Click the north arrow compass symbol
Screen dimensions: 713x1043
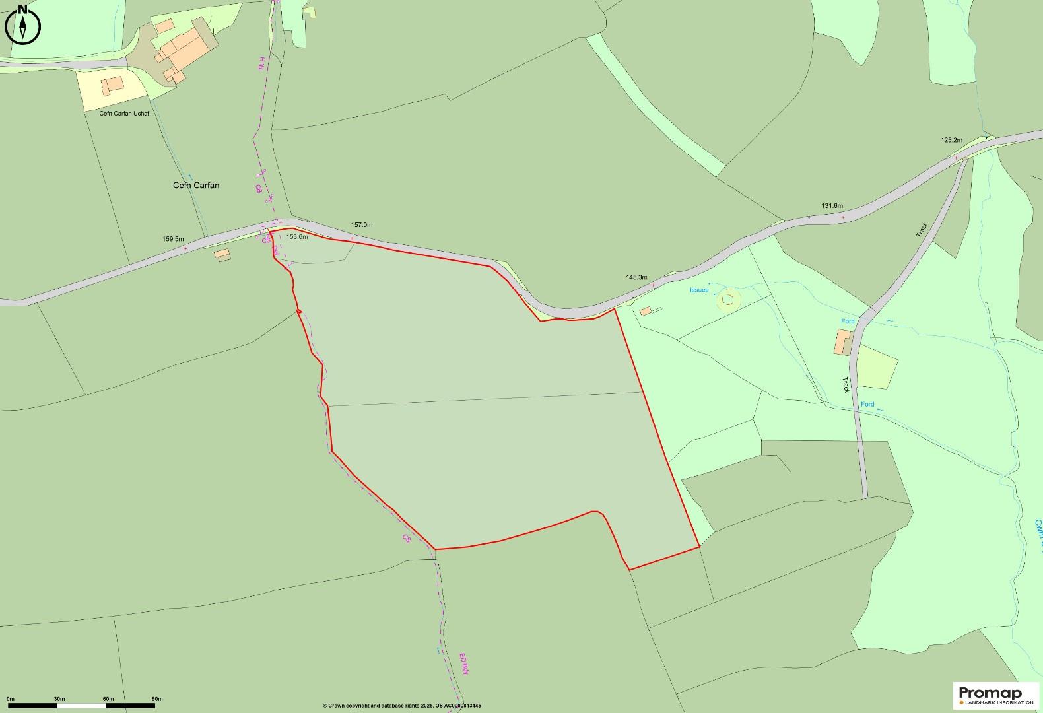[x=22, y=25]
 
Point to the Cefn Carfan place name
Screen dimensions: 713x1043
[x=196, y=186]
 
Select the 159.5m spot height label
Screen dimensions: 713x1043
[x=173, y=239]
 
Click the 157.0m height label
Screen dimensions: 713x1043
[x=361, y=225]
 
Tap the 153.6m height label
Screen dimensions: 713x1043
[x=297, y=236]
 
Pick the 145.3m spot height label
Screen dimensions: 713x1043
[x=636, y=277]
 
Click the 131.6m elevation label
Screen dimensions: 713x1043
[x=832, y=206]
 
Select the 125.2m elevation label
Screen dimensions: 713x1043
[x=951, y=140]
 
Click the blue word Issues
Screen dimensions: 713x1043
[x=698, y=290]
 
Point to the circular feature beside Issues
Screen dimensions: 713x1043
[x=728, y=300]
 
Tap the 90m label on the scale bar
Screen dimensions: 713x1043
[x=157, y=698]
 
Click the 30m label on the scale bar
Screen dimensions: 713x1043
[x=59, y=698]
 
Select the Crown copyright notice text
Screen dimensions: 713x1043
[x=402, y=706]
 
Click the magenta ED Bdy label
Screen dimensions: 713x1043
[x=464, y=663]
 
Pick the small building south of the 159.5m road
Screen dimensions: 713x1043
[x=222, y=254]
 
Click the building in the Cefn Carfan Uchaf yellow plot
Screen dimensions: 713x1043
[x=112, y=85]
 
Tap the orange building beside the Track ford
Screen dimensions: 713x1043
[x=843, y=342]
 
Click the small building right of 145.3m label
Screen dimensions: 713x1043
[x=645, y=311]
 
